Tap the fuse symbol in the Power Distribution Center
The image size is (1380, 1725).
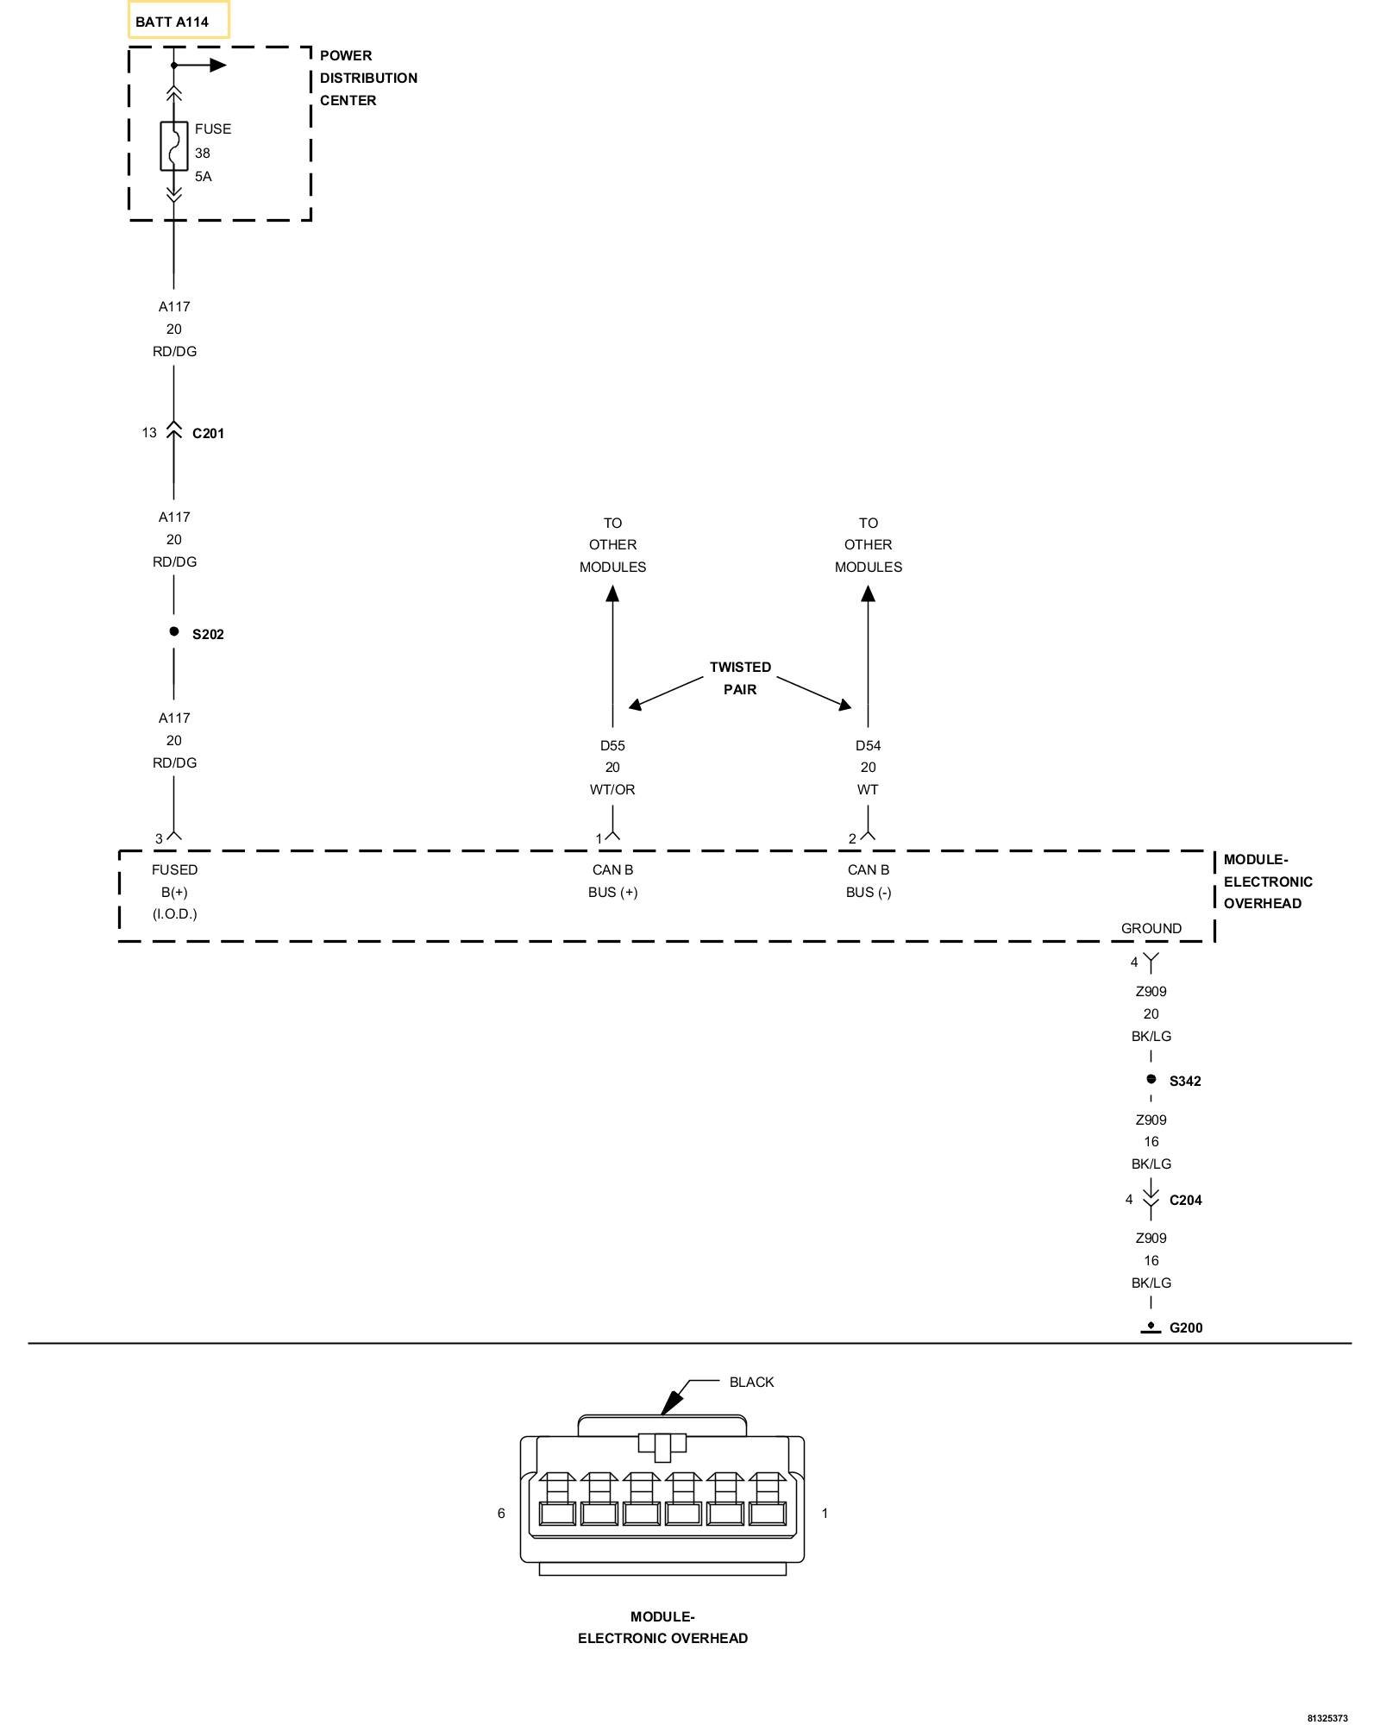click(174, 146)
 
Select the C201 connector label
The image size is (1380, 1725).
click(208, 433)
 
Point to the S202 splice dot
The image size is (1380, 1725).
click(174, 632)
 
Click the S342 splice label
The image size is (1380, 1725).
click(1185, 1081)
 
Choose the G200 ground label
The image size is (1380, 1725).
click(1186, 1327)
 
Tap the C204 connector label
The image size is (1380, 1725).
click(1186, 1200)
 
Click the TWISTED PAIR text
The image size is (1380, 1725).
click(740, 678)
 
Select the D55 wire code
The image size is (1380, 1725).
click(612, 745)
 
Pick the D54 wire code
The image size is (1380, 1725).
click(868, 745)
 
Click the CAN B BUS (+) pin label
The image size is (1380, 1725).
click(612, 881)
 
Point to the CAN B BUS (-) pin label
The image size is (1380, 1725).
click(868, 881)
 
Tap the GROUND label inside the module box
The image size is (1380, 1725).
click(1151, 928)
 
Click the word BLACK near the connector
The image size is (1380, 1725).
click(751, 1382)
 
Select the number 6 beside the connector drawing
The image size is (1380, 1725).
click(501, 1513)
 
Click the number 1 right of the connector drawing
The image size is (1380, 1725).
click(825, 1513)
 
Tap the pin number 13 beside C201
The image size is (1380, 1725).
click(149, 432)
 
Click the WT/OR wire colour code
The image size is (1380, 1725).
click(612, 789)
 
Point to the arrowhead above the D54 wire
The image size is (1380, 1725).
click(868, 593)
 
